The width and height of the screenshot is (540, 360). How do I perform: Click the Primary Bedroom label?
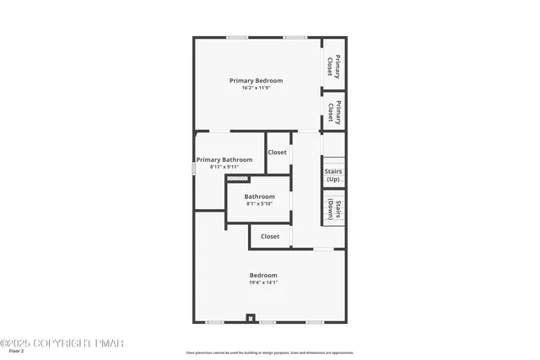(256, 80)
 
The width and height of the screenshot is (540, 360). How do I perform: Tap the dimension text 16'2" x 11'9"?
(256, 87)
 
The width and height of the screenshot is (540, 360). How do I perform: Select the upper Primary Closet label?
(333, 65)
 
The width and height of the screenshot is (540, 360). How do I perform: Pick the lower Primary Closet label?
(333, 111)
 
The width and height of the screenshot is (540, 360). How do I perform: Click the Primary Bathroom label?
(224, 159)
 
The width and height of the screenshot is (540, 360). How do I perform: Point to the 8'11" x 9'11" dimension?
(224, 166)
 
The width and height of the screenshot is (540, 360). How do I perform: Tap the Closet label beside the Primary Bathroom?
(277, 153)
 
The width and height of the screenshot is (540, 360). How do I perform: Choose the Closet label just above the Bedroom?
(270, 236)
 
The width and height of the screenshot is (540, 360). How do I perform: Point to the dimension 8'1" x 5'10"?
(260, 203)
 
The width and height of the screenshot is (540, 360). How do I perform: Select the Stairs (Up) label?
(333, 175)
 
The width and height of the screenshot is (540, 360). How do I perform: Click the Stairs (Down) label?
(333, 209)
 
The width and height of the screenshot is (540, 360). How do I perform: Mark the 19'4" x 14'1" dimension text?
(263, 282)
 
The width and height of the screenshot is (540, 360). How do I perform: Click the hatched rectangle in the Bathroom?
(238, 179)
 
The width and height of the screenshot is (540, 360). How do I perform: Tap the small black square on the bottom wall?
(249, 318)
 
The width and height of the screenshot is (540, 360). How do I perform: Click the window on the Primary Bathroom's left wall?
(194, 168)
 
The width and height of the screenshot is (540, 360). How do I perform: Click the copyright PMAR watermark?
(62, 343)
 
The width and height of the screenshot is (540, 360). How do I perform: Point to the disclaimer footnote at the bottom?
(270, 352)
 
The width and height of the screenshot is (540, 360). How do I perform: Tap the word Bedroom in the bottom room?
(263, 276)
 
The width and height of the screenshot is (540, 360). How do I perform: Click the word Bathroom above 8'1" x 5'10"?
(260, 196)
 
